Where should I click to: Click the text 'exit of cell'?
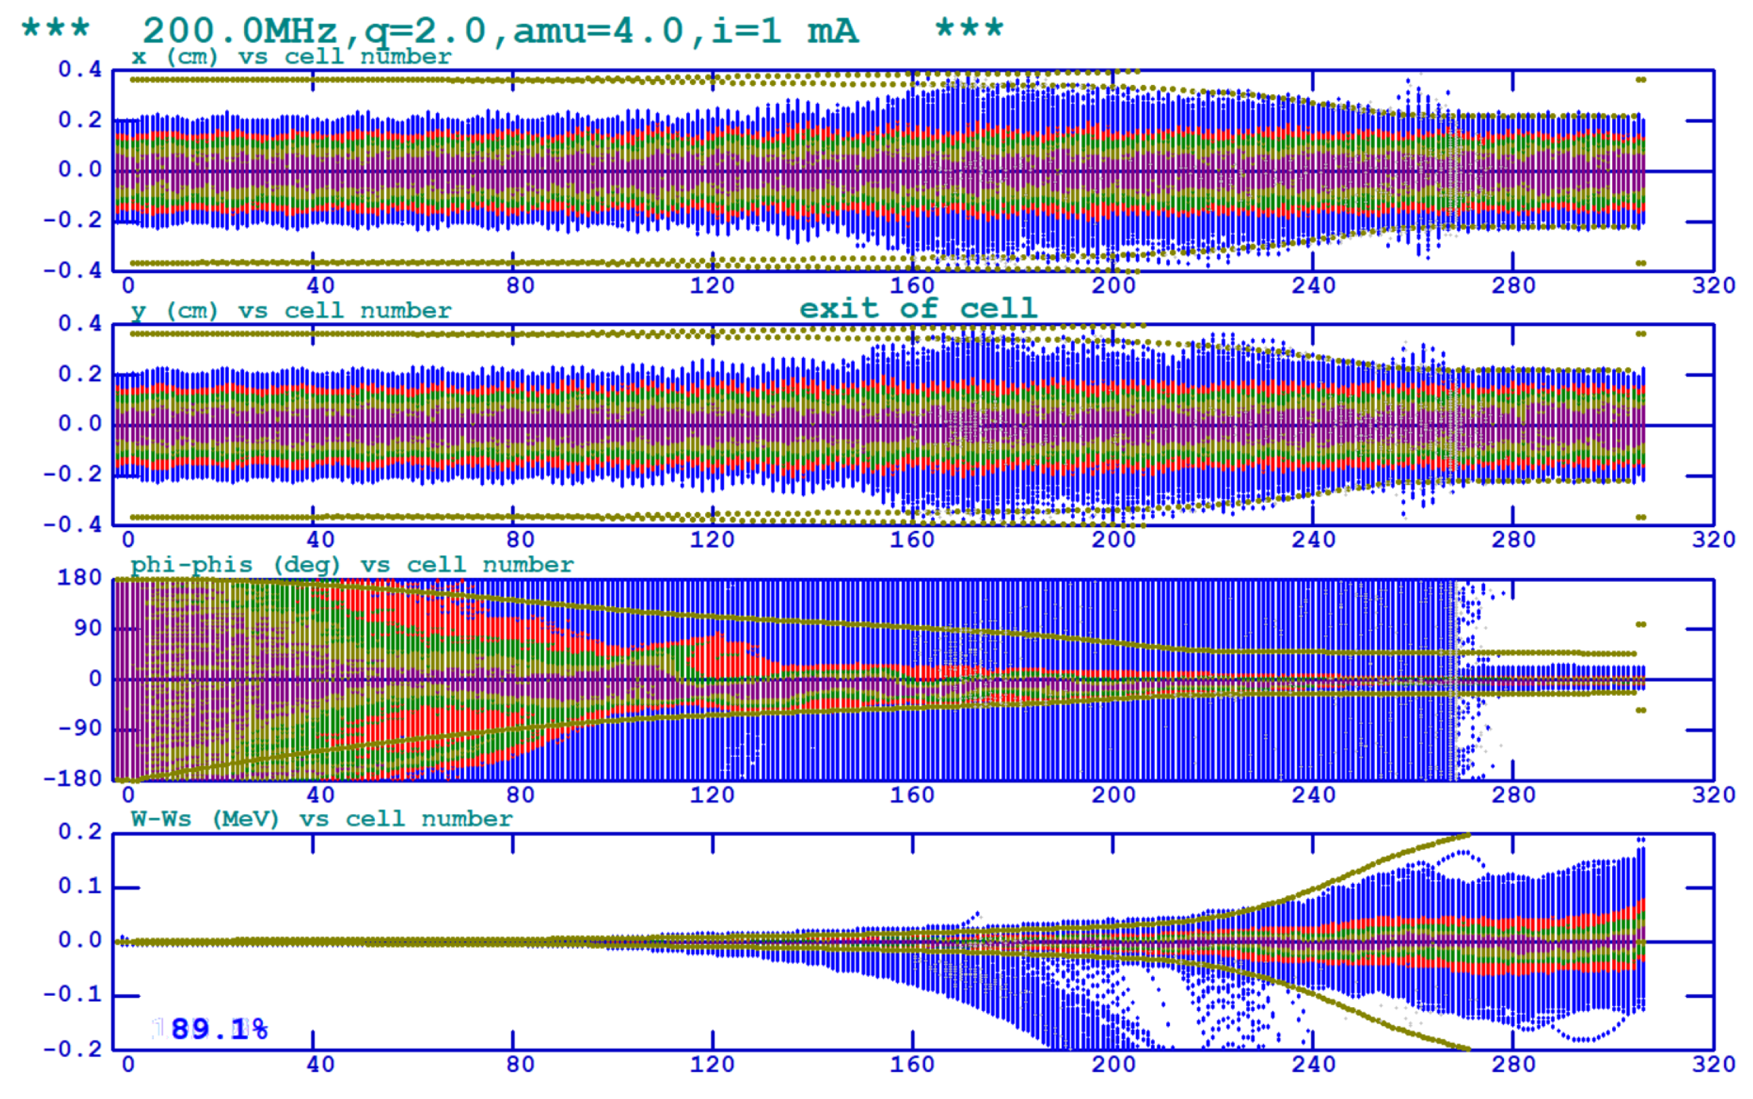pos(918,309)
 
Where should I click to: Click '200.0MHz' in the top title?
pos(240,31)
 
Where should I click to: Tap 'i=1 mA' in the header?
pos(784,31)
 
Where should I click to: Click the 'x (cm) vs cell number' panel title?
pos(291,57)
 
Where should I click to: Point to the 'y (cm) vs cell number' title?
pos(291,311)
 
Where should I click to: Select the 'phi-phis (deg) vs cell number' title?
pos(352,565)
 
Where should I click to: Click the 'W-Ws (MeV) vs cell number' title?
pos(321,819)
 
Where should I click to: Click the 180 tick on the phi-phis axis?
pos(79,578)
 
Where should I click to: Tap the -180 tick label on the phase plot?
pos(73,779)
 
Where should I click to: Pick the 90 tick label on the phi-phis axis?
pos(87,628)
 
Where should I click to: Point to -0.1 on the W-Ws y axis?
pos(73,995)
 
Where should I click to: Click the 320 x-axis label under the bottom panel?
pos(1713,1065)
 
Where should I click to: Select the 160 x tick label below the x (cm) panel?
pos(912,286)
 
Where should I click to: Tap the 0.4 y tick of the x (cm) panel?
pos(80,70)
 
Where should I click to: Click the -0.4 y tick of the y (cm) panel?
pos(73,524)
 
